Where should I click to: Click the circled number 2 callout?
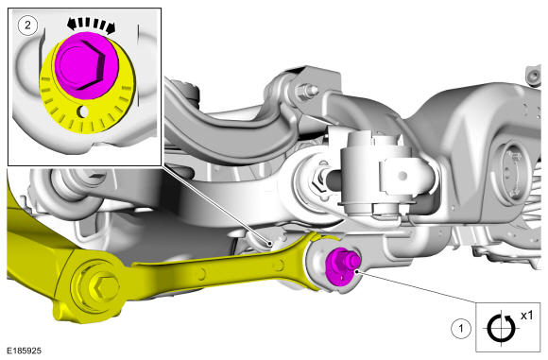click(x=27, y=26)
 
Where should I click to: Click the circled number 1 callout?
click(x=461, y=329)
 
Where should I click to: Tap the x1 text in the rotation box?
click(x=526, y=316)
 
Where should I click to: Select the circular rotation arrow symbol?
click(x=501, y=328)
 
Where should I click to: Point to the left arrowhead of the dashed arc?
click(x=73, y=25)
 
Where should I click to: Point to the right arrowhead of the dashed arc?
click(x=111, y=28)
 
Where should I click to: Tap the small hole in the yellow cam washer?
click(x=83, y=111)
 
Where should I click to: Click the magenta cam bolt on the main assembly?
click(x=341, y=266)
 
